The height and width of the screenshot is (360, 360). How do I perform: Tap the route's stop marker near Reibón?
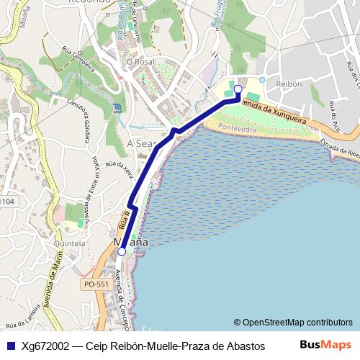(x=238, y=89)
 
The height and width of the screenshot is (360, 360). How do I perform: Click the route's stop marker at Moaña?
(x=122, y=251)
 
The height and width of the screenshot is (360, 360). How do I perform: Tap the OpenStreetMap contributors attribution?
(x=293, y=322)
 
